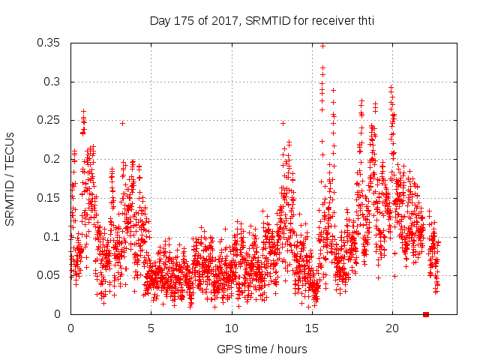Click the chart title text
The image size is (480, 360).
[262, 20]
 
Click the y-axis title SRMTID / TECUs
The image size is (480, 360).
[10, 178]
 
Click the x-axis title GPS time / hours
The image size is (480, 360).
[262, 349]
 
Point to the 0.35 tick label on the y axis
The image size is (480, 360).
[51, 43]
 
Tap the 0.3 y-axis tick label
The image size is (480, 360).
[54, 82]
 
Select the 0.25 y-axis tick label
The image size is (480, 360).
[51, 120]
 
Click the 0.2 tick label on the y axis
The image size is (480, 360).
[54, 159]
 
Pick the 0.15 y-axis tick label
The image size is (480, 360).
[51, 198]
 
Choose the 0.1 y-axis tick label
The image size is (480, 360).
[54, 236]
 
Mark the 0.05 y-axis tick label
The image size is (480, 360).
[51, 275]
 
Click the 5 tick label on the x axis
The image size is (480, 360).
[151, 328]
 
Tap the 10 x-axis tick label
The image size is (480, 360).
[232, 328]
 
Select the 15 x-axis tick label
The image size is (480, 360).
[312, 328]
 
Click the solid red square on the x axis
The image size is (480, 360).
[426, 314]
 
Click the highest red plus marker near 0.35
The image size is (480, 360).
[323, 46]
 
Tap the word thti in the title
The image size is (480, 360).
[364, 20]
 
